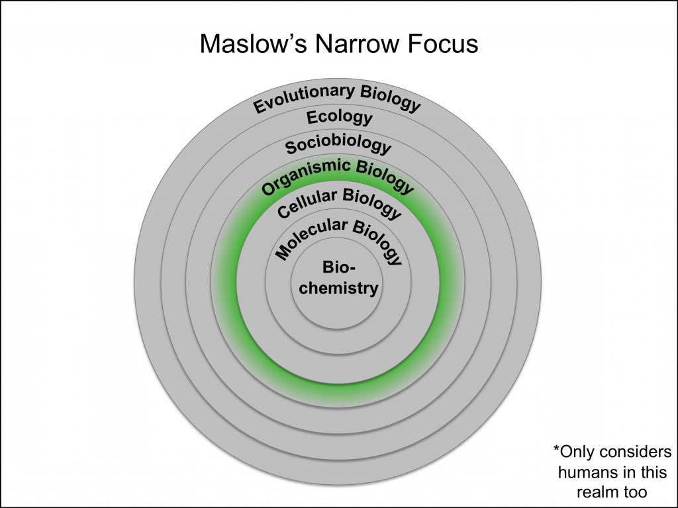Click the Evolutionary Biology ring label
click(337, 99)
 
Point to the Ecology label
click(340, 118)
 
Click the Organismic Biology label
click(338, 176)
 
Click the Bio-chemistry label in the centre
click(338, 278)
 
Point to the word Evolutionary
click(303, 99)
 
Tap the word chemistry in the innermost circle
click(338, 288)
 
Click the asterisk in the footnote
click(556, 448)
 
